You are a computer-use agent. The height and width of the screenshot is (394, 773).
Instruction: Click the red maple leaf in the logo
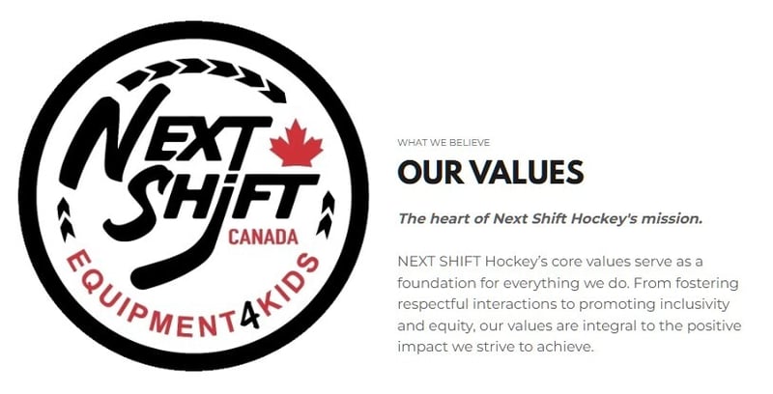[296, 145]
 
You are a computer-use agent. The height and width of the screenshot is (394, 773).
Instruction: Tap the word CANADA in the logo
[262, 236]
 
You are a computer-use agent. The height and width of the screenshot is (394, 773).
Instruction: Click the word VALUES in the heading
[531, 172]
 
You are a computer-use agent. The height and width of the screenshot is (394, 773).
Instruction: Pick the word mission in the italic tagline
[672, 218]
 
